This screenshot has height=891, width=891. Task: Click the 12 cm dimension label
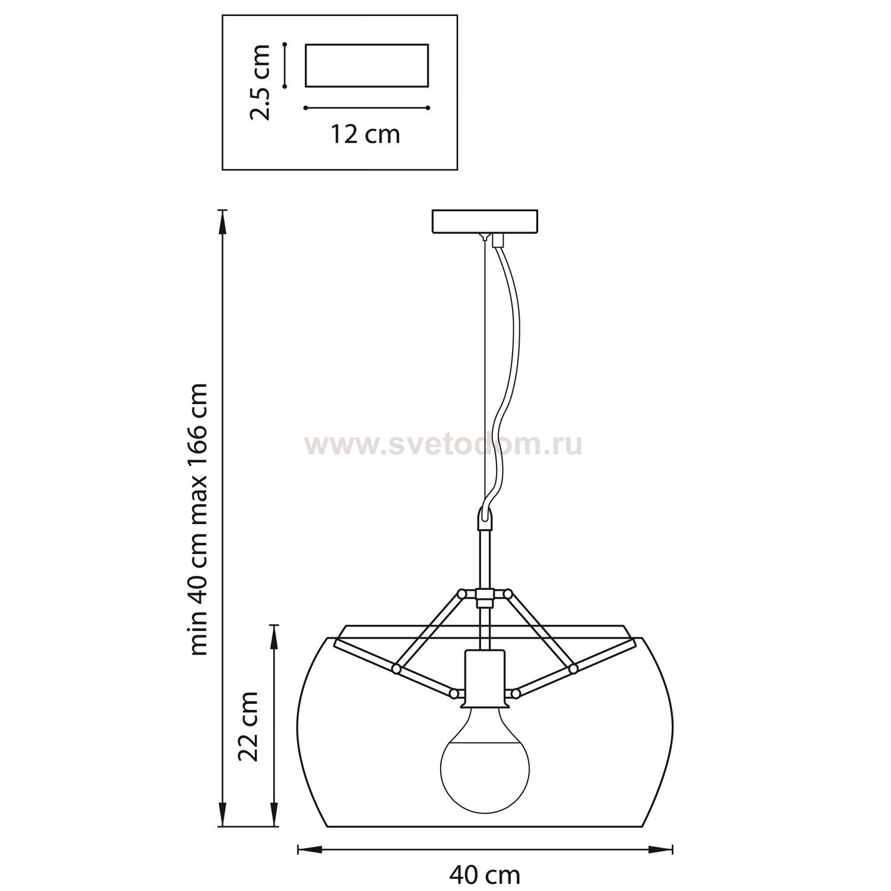(x=365, y=134)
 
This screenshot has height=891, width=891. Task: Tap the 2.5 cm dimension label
(x=260, y=82)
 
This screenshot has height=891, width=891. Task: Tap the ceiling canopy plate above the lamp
(x=485, y=221)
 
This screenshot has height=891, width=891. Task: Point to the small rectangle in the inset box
(x=366, y=65)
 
